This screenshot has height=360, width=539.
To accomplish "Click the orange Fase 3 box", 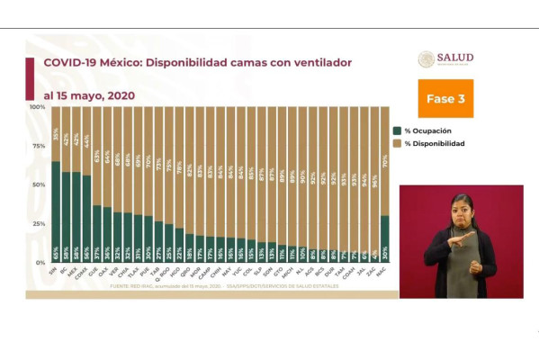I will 445,99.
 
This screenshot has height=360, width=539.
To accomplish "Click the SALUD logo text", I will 455,58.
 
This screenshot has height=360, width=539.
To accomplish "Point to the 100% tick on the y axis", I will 37,107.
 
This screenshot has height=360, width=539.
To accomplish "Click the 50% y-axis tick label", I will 39,184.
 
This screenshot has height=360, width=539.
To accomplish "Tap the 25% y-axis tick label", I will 39,223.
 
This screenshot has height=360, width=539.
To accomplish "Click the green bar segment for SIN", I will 56,207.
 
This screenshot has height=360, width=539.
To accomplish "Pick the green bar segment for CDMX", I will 87,216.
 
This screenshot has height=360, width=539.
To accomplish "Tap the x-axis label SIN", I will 55,271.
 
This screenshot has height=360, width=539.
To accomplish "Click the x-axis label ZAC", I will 373,271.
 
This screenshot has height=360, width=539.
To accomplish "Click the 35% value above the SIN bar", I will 56,135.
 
